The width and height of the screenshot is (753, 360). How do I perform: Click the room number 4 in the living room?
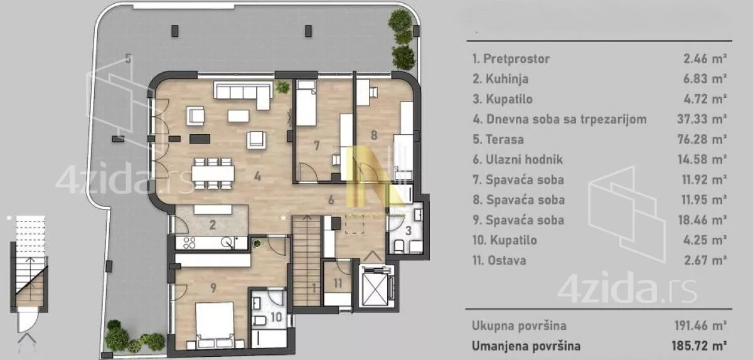coord(257,176)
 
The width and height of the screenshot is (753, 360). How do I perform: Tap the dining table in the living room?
coord(213,174)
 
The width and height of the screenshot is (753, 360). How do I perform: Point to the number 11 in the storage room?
coord(338,283)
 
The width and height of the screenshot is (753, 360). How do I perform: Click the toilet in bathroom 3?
coord(398,246)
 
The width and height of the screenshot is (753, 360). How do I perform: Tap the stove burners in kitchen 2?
coord(190,243)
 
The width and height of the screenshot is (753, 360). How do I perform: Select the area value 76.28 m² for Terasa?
coord(702,139)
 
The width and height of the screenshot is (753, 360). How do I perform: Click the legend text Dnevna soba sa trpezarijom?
coord(567,119)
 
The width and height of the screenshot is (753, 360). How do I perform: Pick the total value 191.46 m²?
coord(700,326)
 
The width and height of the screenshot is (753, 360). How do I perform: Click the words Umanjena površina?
coord(526,346)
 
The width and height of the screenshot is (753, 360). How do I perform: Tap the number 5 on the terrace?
coord(128,59)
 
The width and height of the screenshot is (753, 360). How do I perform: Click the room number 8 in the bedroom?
coord(374,135)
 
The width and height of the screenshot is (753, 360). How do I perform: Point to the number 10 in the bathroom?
coord(276,317)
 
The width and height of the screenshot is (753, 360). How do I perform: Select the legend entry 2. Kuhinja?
coord(500,79)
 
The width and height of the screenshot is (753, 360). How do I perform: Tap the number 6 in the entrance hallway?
coord(331,199)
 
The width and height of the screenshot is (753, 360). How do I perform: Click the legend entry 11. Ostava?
coord(499,260)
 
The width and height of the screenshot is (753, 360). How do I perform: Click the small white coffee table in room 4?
coord(238,116)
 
